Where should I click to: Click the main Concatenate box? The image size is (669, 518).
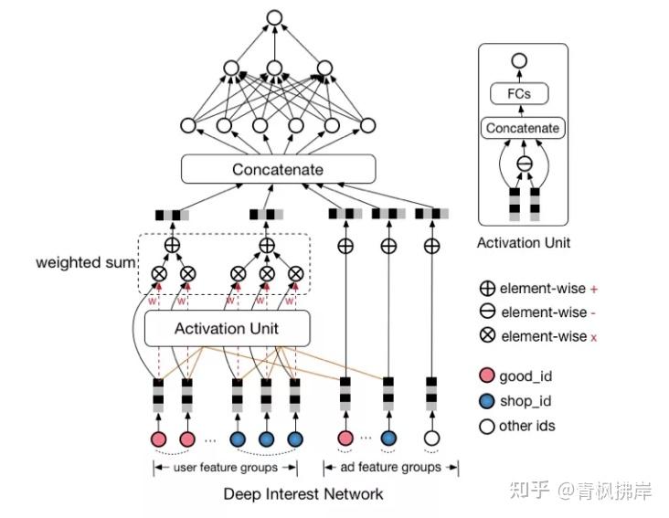(x=278, y=169)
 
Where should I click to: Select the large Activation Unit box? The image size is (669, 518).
(x=227, y=328)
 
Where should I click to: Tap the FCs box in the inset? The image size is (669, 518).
(x=519, y=94)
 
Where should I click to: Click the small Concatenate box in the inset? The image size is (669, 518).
(x=522, y=128)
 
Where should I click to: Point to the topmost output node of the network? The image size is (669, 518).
(x=274, y=16)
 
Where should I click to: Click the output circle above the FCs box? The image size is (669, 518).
(x=519, y=61)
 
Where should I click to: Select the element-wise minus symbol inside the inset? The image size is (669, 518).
(x=523, y=164)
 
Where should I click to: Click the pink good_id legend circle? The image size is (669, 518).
(x=486, y=375)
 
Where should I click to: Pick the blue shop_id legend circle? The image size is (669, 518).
(x=486, y=401)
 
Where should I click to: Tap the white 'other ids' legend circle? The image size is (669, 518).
(x=486, y=426)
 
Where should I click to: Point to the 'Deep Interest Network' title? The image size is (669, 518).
(x=303, y=494)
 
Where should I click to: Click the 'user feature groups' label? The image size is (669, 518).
(x=226, y=467)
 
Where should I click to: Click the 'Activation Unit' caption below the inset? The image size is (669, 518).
(x=523, y=243)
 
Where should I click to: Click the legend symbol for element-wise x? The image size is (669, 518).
(x=486, y=336)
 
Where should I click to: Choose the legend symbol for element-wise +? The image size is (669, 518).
(x=486, y=288)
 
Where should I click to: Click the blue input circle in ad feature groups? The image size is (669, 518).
(x=388, y=439)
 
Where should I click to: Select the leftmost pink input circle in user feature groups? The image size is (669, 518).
(x=158, y=439)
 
